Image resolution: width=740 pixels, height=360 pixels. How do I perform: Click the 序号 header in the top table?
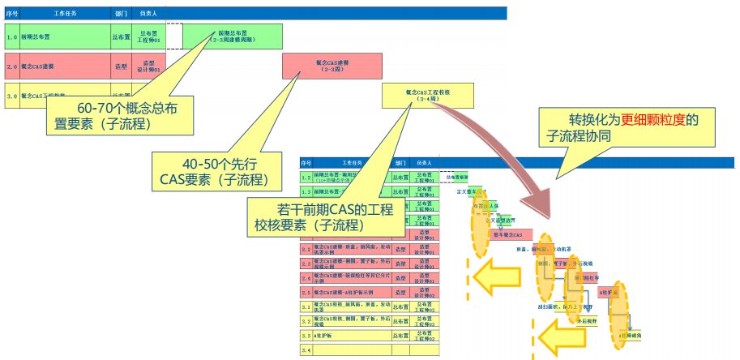tap(11, 14)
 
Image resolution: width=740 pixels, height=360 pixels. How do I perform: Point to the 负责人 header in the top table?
tap(148, 14)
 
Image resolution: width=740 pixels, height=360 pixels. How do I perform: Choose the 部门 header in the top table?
tap(120, 14)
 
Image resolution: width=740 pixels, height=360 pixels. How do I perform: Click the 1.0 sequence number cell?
tap(11, 37)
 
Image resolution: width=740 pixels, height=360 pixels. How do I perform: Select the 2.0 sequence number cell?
tap(11, 66)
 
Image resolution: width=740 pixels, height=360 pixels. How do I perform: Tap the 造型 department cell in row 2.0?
tap(120, 66)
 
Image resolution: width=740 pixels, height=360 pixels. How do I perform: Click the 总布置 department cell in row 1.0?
tap(120, 37)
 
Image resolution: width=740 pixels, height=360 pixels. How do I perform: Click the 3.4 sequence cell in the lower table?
tap(306, 349)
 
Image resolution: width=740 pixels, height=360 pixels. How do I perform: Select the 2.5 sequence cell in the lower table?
tap(306, 292)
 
